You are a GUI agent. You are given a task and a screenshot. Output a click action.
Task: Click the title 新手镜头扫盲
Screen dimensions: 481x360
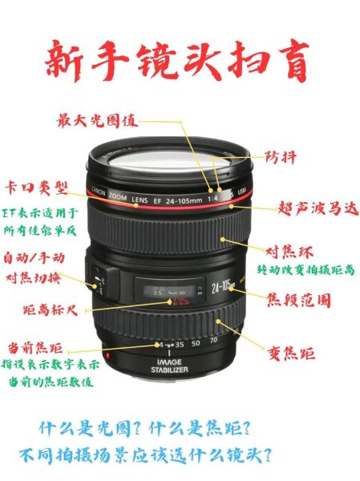[x=177, y=62]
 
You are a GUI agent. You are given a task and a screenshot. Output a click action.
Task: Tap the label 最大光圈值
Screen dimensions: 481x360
[x=97, y=121]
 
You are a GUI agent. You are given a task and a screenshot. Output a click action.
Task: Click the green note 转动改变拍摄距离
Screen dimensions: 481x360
[x=305, y=270]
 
